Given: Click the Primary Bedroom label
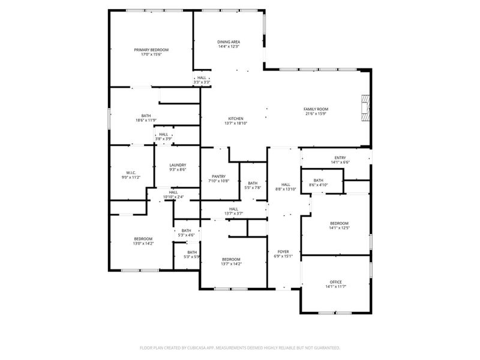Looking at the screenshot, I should (151, 49).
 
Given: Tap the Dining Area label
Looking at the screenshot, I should (228, 41).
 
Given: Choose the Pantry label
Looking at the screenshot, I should (218, 176).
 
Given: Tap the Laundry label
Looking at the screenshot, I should (178, 165).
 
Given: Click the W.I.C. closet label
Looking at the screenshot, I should (130, 173).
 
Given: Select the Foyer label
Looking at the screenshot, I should (283, 251).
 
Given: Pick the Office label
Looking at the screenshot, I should (335, 282).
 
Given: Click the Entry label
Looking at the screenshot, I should (340, 158).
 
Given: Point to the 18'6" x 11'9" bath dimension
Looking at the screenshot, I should (146, 121).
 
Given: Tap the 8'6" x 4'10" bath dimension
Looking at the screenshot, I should (318, 185).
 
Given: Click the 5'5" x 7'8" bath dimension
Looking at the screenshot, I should (253, 188).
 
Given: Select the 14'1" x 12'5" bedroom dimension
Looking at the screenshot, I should (339, 228).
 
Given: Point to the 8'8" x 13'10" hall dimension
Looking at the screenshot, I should (286, 189).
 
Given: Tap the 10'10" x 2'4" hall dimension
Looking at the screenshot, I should (173, 197).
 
